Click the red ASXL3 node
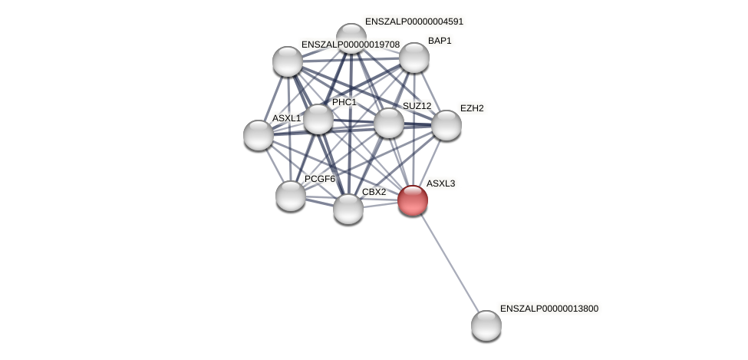412,200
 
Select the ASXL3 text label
440,183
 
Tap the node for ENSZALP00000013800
486,325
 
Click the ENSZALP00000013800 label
549,309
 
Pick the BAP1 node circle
414,58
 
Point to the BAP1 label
440,41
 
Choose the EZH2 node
446,125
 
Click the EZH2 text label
472,108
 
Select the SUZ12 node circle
388,123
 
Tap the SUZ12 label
417,106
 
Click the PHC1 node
318,119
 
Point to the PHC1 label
344,102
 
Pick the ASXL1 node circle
258,135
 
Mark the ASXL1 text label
286,118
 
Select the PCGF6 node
290,196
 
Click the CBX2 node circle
348,209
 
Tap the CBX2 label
374,192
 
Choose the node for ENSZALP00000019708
287,61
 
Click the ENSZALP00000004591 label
414,21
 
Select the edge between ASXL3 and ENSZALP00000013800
450,263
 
